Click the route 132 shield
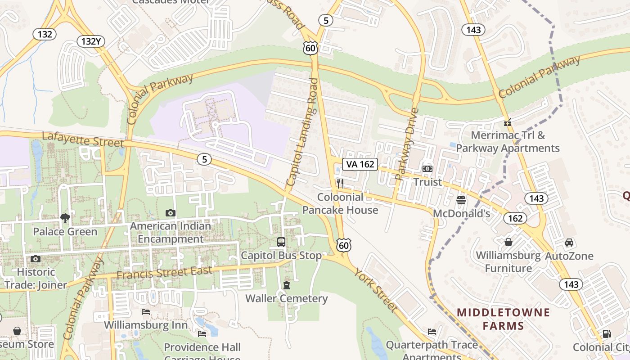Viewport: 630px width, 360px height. click(x=45, y=34)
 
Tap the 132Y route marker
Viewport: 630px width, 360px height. click(x=91, y=41)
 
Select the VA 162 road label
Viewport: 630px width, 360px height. click(x=360, y=164)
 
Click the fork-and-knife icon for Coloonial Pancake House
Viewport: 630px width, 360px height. click(x=340, y=183)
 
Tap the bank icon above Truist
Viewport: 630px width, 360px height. click(x=427, y=168)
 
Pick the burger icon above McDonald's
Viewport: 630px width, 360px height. click(x=461, y=199)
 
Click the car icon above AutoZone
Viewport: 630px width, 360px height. click(x=569, y=243)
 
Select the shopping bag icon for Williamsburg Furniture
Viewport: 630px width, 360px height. click(x=508, y=242)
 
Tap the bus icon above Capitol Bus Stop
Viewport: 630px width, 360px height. click(x=281, y=242)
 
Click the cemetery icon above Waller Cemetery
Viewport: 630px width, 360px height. click(x=287, y=285)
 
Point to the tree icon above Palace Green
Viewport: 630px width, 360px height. click(x=65, y=218)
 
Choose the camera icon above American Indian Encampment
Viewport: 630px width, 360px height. click(x=170, y=213)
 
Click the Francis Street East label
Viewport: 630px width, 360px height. click(x=164, y=273)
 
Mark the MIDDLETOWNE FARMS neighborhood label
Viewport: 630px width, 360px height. click(x=503, y=319)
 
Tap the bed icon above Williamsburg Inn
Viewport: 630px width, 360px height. click(x=146, y=311)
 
